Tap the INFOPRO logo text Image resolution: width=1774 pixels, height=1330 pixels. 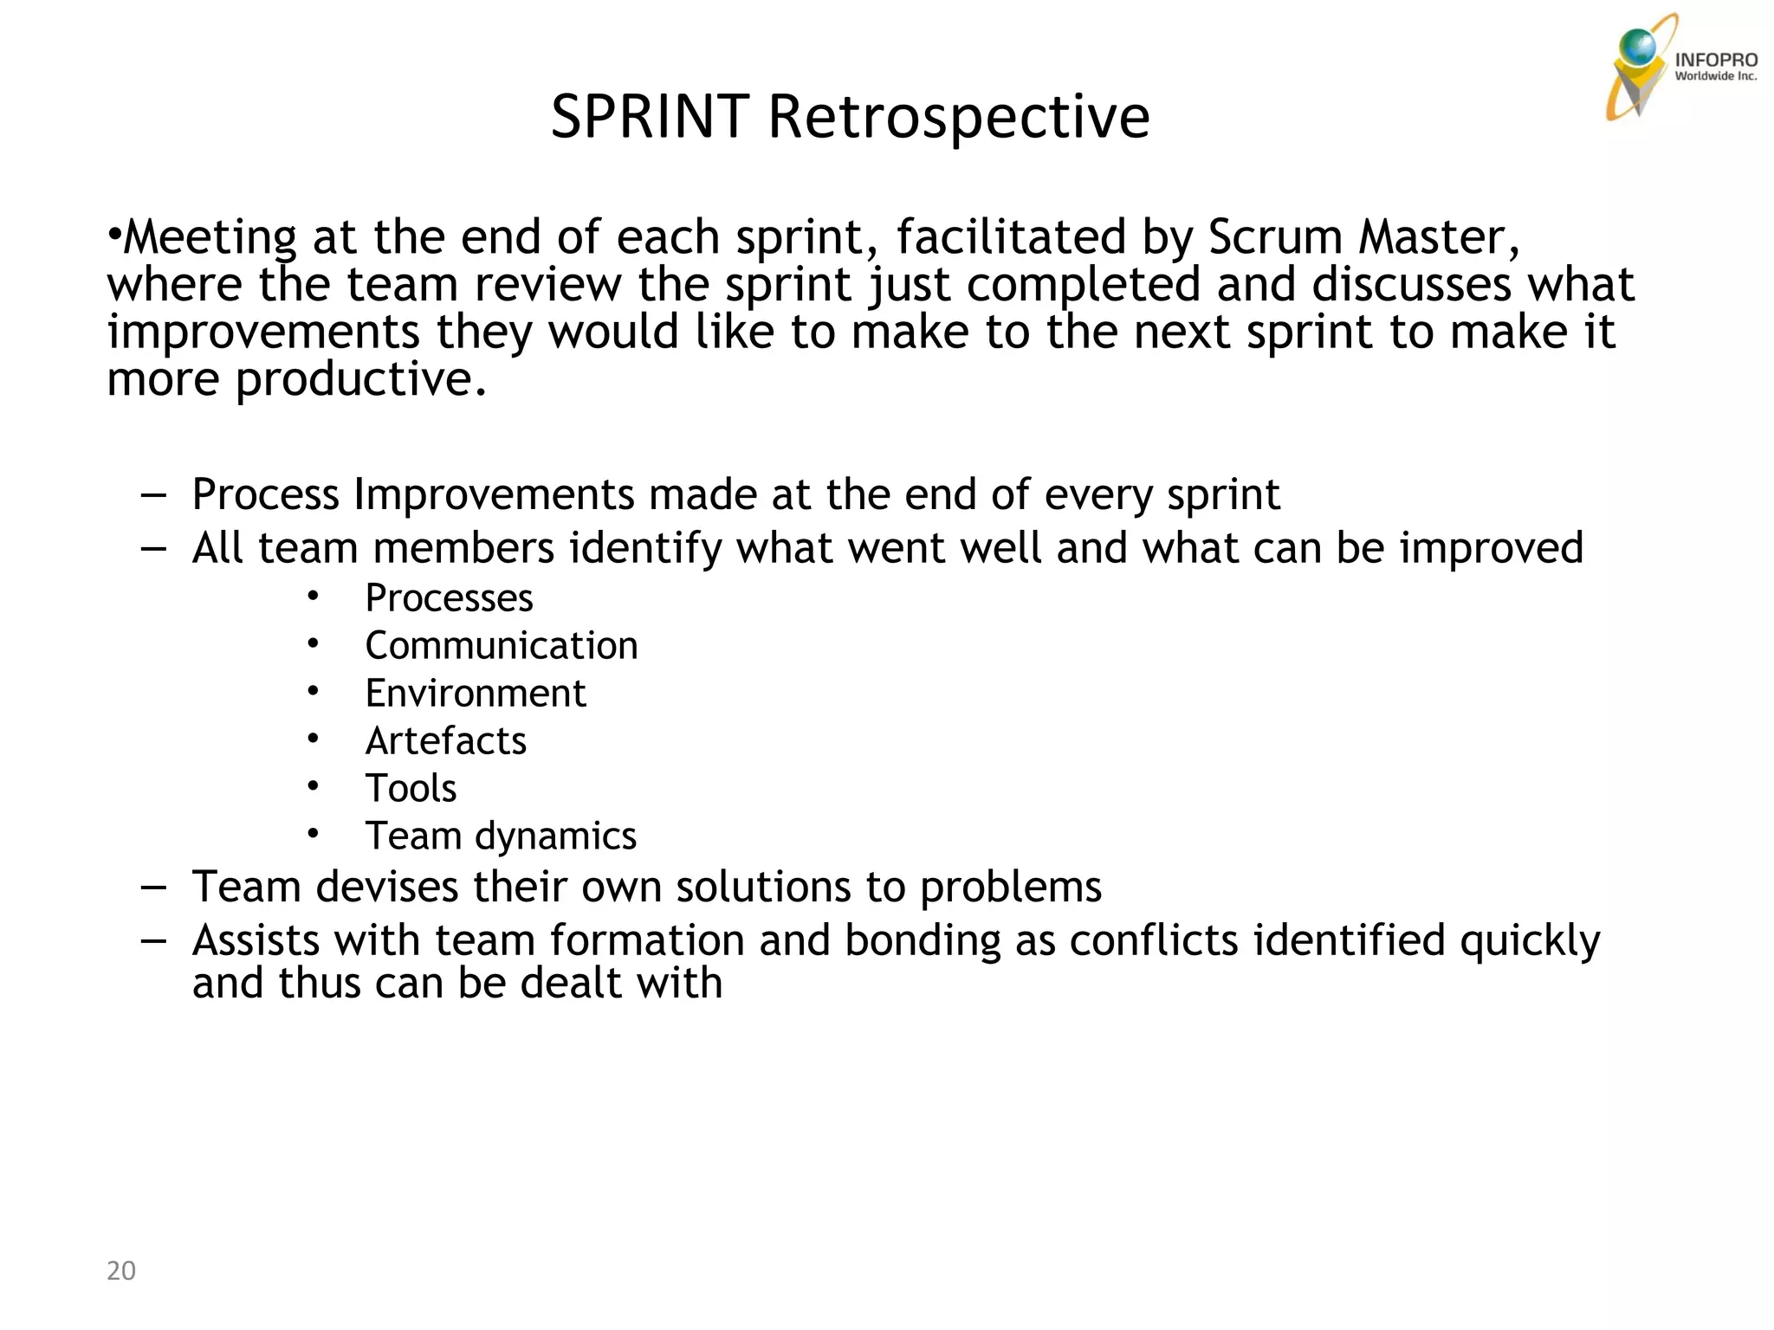click(1715, 60)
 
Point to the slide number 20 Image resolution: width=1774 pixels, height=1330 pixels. click(121, 1270)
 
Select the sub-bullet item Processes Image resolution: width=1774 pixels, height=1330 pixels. click(449, 598)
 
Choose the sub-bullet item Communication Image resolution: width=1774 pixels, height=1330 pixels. click(502, 646)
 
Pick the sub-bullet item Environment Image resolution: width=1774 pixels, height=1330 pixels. click(476, 694)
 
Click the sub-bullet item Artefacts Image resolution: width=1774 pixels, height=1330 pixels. click(445, 741)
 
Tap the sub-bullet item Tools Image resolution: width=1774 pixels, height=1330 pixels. click(411, 789)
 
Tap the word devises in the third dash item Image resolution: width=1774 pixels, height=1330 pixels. click(386, 888)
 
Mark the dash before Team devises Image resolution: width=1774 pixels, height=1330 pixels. click(153, 888)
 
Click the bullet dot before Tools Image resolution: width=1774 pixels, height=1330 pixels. click(313, 786)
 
